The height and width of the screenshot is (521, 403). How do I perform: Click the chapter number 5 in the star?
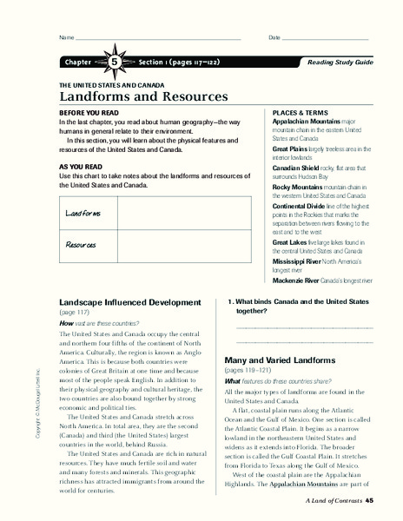pos(113,63)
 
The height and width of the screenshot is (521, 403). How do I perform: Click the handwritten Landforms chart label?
pos(83,214)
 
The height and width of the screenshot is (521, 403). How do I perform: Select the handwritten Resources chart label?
pos(81,245)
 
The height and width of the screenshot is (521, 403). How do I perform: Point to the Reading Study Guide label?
pos(337,63)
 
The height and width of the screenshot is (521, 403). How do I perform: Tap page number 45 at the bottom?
pos(369,501)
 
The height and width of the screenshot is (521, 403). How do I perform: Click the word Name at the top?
pos(66,38)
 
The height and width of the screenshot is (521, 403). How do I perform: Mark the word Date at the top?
pos(274,38)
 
